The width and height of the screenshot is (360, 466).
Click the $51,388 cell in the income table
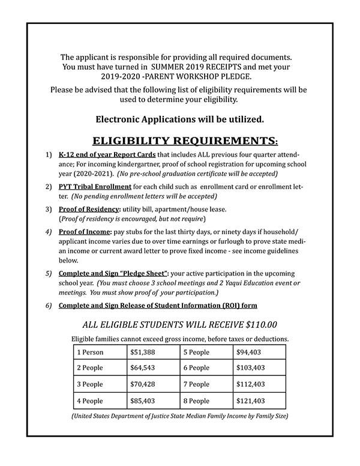coord(142,351)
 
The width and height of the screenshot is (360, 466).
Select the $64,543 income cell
coord(142,368)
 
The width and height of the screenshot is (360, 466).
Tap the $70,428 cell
coord(142,384)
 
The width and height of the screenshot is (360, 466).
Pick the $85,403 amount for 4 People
coord(142,400)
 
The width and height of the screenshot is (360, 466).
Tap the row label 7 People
coord(197,384)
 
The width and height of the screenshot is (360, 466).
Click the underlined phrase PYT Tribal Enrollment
coord(95,187)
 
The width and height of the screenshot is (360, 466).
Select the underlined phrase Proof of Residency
coord(88,208)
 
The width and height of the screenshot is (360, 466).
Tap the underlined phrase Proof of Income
coord(83,231)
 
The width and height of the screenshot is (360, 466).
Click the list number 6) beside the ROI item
coord(48,305)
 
